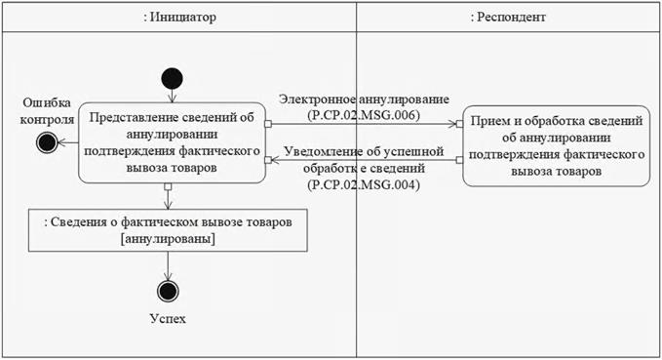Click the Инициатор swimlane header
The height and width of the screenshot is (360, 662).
click(179, 17)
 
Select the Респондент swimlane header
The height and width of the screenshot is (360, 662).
click(508, 17)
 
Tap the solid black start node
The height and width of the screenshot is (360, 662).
click(172, 79)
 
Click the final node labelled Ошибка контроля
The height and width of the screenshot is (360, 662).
click(47, 142)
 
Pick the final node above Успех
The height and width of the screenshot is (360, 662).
click(168, 291)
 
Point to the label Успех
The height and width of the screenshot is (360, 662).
click(168, 318)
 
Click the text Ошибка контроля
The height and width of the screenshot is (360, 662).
click(47, 111)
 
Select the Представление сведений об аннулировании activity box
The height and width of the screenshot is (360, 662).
click(172, 142)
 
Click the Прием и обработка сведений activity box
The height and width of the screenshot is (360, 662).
click(556, 146)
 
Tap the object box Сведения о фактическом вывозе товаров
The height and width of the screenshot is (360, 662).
click(168, 230)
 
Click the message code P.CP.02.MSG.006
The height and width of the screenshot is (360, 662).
click(364, 115)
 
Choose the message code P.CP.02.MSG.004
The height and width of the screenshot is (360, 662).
click(364, 184)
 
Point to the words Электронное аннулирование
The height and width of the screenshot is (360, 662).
click(364, 100)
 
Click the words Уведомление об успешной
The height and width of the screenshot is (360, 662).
click(364, 151)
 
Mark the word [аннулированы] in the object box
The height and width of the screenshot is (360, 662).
click(168, 239)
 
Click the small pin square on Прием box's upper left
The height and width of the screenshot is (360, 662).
click(459, 124)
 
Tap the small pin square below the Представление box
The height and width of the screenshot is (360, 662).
click(168, 186)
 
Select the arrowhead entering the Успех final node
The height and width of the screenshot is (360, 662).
click(168, 276)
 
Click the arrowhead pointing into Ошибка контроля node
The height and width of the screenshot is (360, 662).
click(61, 142)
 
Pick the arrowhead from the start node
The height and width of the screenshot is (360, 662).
click(172, 98)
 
